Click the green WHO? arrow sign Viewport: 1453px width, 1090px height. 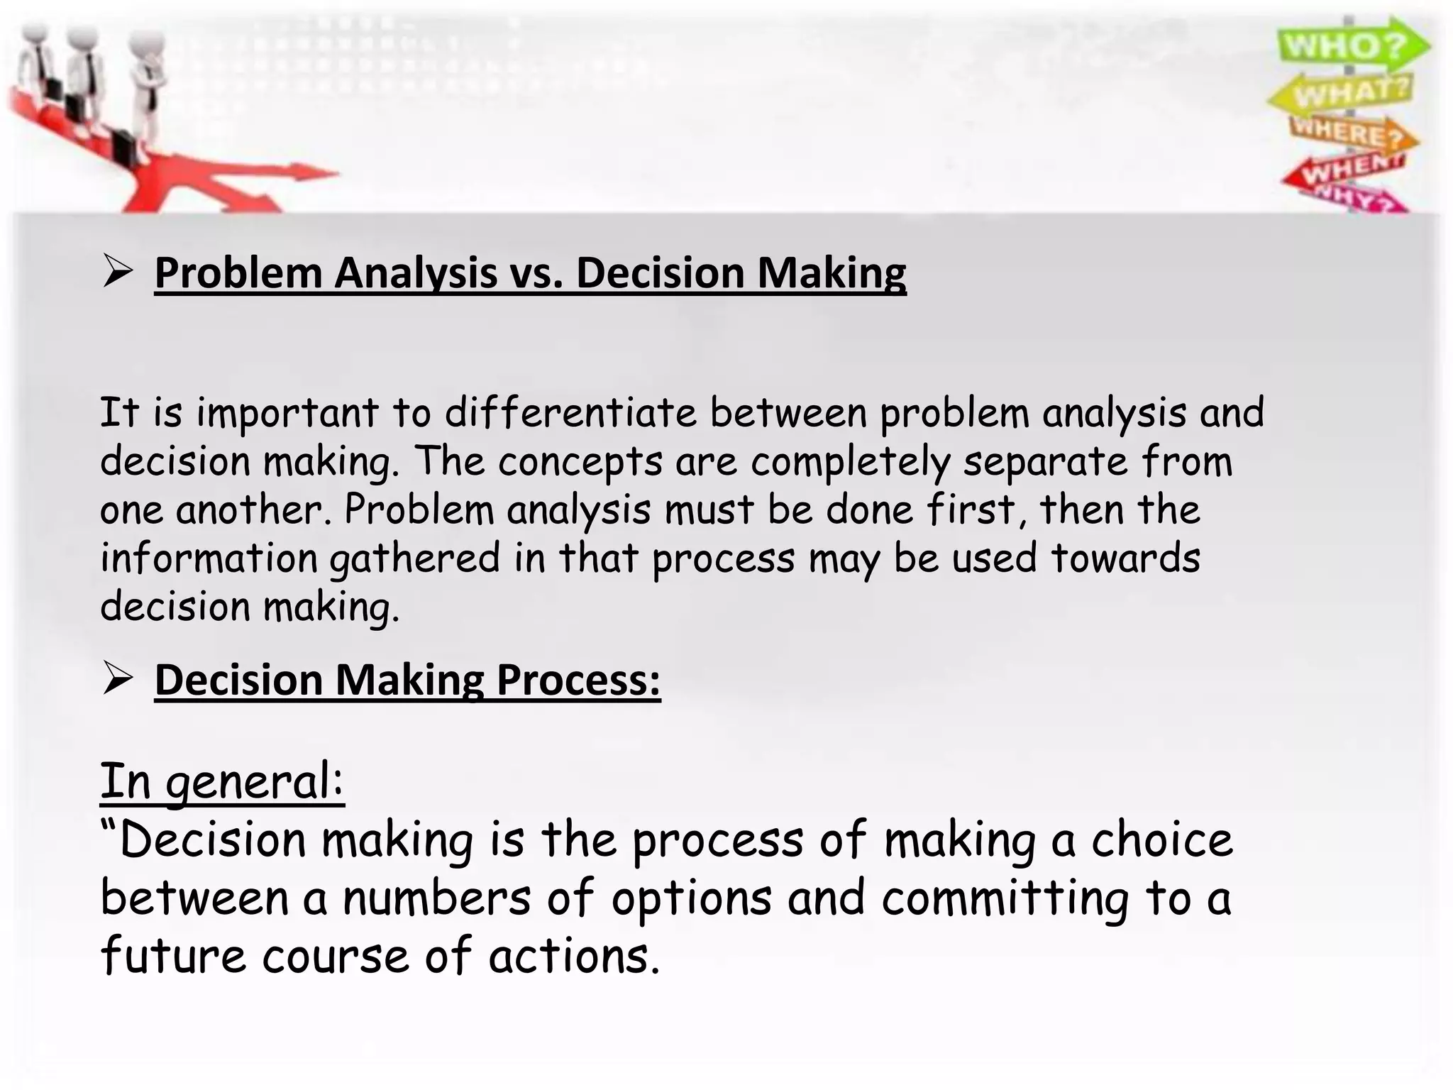[x=1352, y=45]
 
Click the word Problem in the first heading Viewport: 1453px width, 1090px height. [x=238, y=273]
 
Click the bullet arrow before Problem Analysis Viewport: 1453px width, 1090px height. [x=117, y=272]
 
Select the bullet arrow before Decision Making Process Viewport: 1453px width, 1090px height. [x=117, y=679]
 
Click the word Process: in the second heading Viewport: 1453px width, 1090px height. [x=578, y=681]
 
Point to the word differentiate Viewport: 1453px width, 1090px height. [x=570, y=413]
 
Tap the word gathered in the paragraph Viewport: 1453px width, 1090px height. [x=416, y=559]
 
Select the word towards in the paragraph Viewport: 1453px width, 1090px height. [x=1125, y=558]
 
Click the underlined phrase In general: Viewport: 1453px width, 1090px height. [x=222, y=782]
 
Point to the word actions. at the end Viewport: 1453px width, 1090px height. [x=574, y=957]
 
